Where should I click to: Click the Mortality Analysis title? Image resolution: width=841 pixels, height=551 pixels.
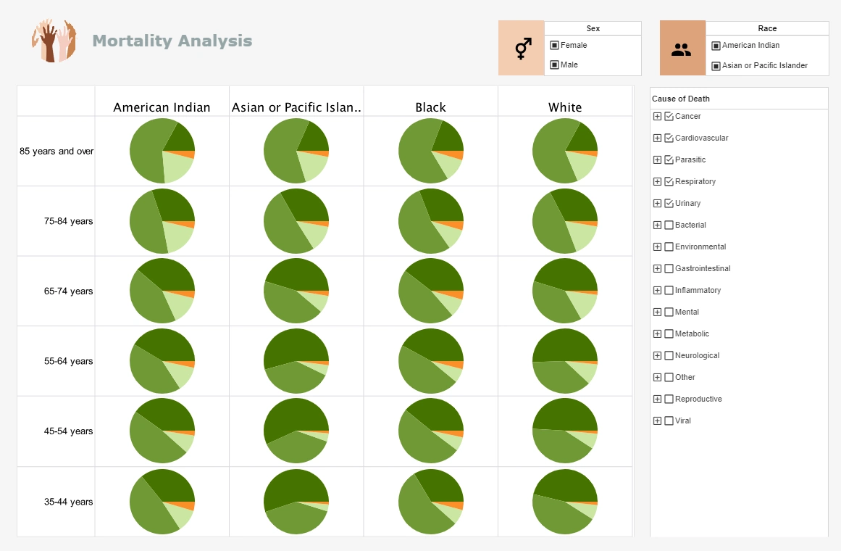click(x=172, y=41)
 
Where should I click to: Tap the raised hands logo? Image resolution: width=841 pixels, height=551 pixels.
click(x=54, y=41)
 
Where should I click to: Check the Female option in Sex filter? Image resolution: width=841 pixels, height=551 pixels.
click(x=554, y=45)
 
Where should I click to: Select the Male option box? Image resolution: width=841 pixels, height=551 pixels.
click(x=554, y=65)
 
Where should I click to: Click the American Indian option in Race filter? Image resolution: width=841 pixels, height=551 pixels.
click(x=716, y=46)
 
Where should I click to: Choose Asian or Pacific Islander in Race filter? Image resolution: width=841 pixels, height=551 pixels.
click(x=716, y=65)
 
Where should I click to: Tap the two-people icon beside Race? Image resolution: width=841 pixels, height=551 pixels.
click(x=682, y=49)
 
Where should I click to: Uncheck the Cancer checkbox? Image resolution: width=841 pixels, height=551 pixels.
click(x=669, y=116)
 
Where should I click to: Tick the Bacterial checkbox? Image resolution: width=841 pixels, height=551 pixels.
click(x=669, y=225)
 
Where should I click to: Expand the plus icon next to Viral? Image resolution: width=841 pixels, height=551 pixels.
click(x=657, y=420)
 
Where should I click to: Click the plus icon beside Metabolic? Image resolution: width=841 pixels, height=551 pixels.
click(x=657, y=333)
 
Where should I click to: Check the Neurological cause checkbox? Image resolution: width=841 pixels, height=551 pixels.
click(x=669, y=355)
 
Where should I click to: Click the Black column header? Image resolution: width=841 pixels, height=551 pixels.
click(x=430, y=107)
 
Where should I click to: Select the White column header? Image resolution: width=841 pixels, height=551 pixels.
click(x=565, y=107)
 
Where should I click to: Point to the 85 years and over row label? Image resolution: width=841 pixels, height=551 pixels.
click(x=57, y=152)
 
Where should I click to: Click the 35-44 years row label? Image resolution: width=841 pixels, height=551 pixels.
click(x=68, y=502)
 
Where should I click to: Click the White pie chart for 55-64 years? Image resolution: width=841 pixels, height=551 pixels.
click(x=565, y=361)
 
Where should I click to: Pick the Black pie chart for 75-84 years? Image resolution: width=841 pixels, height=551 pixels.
click(x=431, y=221)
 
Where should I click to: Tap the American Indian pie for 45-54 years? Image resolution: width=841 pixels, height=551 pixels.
click(x=162, y=431)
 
